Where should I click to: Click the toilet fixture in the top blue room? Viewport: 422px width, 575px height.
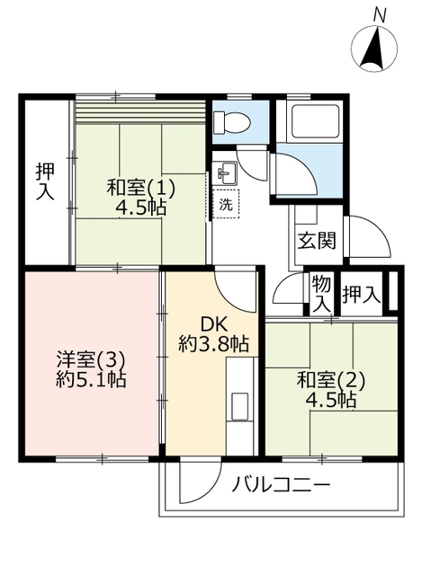click(x=232, y=122)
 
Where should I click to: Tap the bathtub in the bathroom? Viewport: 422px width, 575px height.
click(x=314, y=122)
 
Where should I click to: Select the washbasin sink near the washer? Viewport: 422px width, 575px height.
click(x=225, y=172)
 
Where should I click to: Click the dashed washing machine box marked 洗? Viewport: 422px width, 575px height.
click(x=226, y=204)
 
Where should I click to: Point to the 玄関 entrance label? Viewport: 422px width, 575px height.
click(x=317, y=241)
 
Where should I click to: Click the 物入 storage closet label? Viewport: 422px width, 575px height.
click(x=321, y=294)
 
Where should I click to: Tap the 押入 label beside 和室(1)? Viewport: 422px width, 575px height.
click(x=45, y=181)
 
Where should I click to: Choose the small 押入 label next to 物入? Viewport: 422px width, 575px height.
click(x=361, y=295)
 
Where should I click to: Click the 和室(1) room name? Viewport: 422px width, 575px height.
click(x=140, y=190)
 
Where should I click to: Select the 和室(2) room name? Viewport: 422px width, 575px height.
click(x=331, y=380)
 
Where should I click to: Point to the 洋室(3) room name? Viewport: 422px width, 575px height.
click(x=91, y=360)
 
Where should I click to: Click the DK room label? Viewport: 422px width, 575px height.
click(x=214, y=324)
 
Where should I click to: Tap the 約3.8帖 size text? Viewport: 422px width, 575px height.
click(x=214, y=344)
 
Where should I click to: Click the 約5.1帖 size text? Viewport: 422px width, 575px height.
click(x=91, y=380)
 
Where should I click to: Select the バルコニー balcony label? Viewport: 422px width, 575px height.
click(x=282, y=486)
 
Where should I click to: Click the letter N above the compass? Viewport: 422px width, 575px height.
click(x=379, y=16)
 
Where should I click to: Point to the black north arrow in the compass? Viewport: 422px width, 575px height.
click(x=374, y=49)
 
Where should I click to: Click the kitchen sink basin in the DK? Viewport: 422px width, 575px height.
click(x=239, y=406)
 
